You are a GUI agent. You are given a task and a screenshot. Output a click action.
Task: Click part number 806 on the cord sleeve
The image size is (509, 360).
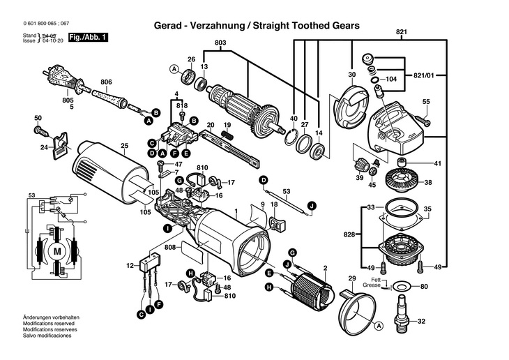point(105,82)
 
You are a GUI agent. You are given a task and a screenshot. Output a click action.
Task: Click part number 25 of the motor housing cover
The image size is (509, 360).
point(125,146)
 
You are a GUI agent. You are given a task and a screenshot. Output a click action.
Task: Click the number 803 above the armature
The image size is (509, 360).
point(221,44)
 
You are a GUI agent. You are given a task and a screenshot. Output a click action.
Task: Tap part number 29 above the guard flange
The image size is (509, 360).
point(352,280)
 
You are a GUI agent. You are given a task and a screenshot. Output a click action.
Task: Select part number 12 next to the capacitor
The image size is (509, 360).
point(129,265)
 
